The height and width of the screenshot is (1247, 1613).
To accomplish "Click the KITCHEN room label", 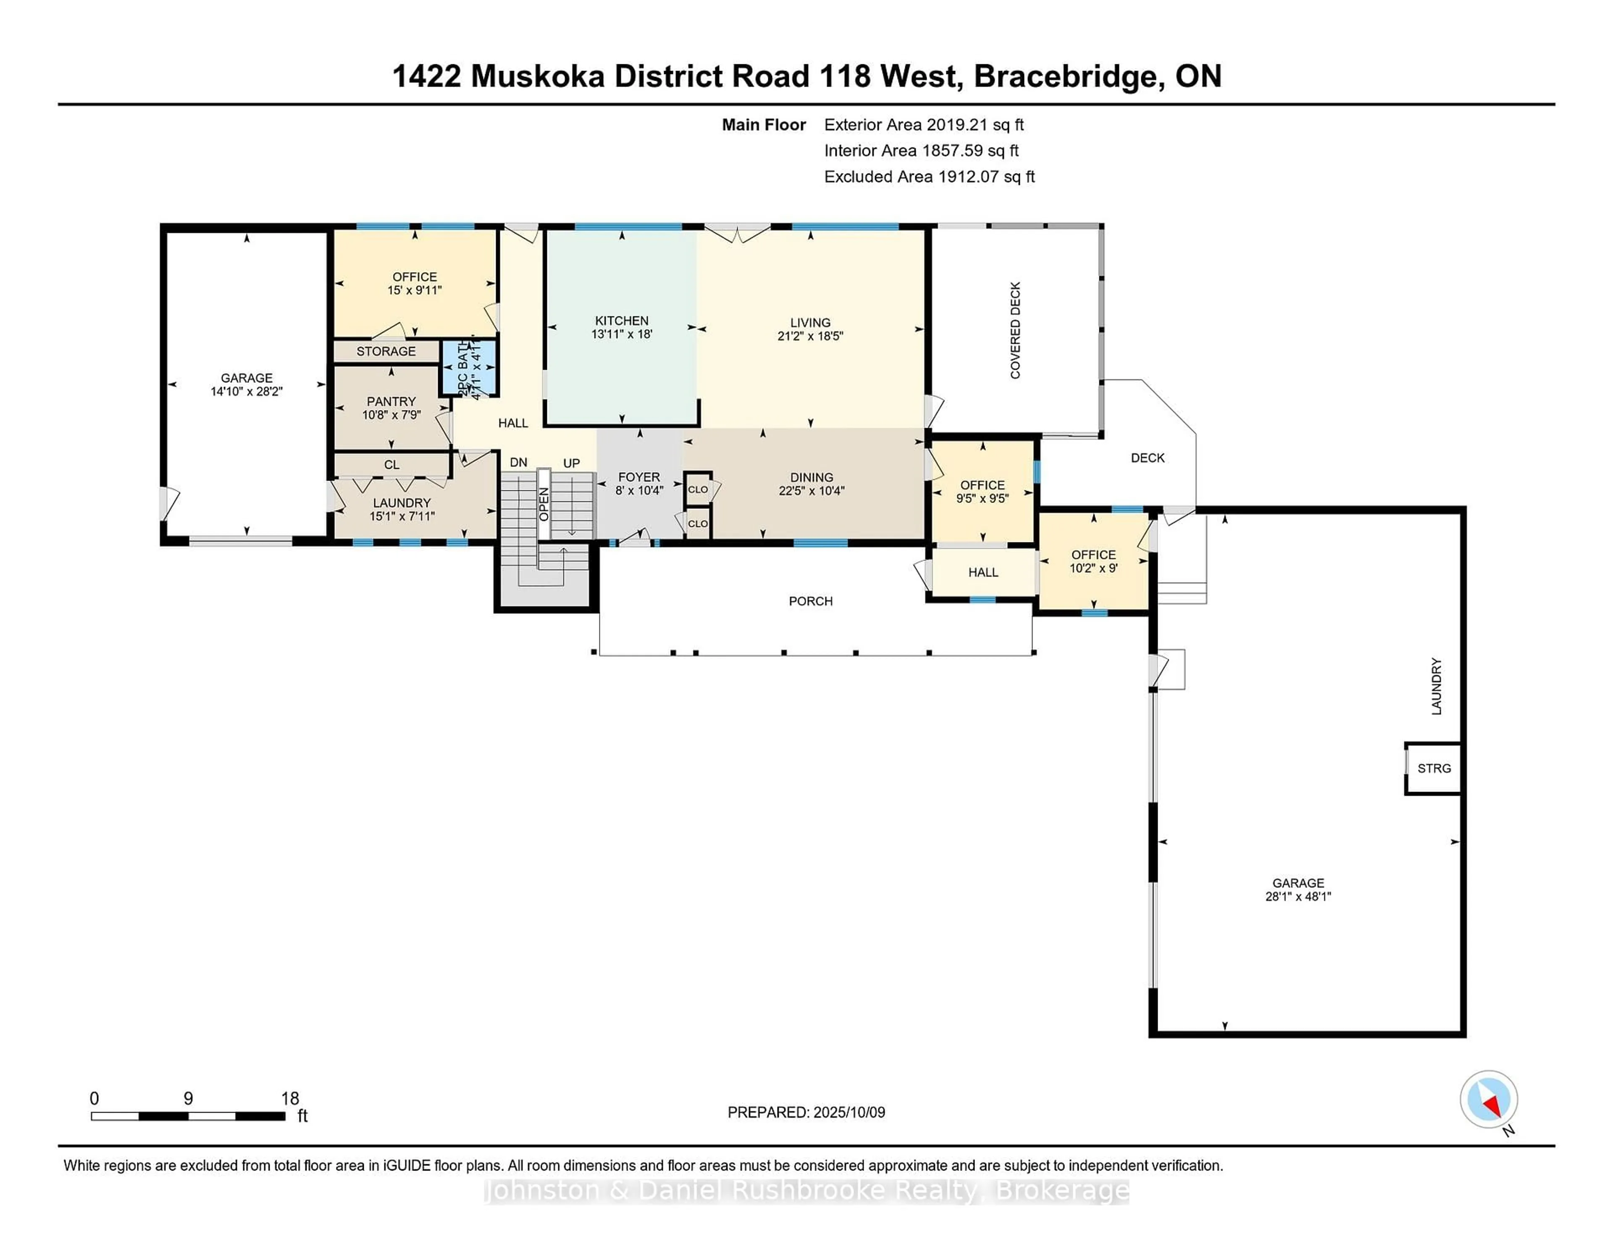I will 621,321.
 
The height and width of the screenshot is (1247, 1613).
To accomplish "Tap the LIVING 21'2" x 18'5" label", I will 810,329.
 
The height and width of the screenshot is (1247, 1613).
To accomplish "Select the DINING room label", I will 811,477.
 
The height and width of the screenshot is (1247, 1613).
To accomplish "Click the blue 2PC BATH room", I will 469,368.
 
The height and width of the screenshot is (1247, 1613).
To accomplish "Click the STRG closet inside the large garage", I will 1434,768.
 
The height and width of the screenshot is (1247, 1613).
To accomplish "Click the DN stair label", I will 518,463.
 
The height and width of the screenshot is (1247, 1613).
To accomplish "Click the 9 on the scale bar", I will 188,1099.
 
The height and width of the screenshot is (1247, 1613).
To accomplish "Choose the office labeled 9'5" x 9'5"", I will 982,491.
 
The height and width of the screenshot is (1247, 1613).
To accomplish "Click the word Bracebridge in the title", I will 1064,76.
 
